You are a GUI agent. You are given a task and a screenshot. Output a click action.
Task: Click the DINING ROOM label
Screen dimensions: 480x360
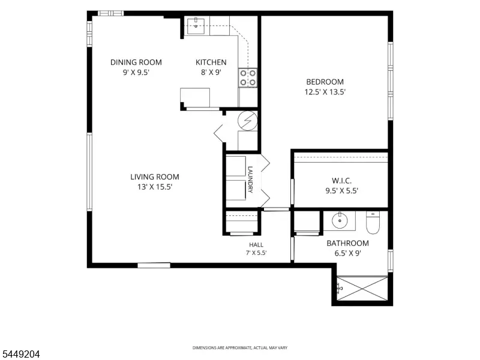(136, 62)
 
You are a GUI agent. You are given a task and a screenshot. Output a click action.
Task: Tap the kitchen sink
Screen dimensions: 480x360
(196, 25)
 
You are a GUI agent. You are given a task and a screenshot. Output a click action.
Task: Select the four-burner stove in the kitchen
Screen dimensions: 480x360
(248, 78)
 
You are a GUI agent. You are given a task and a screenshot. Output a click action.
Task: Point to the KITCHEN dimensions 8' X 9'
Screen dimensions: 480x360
(211, 72)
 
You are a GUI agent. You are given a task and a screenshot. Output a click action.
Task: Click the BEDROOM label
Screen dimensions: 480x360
(325, 82)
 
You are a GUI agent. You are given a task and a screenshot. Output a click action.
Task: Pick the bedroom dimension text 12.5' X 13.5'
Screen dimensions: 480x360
(325, 92)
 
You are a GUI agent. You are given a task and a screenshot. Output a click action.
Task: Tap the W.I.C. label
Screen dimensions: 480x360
(341, 181)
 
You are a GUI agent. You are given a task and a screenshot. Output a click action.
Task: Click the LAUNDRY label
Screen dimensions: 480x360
(250, 179)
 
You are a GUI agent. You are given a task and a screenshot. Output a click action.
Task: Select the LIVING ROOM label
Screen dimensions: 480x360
(155, 176)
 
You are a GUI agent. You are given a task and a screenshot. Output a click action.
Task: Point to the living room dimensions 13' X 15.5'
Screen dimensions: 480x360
(155, 187)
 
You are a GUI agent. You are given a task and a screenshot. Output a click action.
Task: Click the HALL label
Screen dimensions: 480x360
(256, 245)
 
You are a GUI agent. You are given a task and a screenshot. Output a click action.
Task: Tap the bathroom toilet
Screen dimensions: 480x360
(373, 223)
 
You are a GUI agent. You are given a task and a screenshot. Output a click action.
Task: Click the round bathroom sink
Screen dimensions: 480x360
(340, 220)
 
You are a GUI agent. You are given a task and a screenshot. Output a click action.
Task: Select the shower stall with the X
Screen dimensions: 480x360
(362, 289)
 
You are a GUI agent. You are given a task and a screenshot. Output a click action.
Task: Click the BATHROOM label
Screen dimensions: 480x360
(347, 243)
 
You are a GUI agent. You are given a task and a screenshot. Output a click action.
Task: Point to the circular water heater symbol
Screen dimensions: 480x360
(248, 121)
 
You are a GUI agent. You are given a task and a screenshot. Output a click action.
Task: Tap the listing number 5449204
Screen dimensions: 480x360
(20, 355)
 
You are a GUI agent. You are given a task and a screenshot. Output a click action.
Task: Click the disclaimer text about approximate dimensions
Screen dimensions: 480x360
(239, 348)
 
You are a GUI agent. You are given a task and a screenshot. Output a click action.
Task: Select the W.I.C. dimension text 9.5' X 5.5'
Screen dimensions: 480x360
(341, 191)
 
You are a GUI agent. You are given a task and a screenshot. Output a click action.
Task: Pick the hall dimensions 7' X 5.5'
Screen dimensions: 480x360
(256, 253)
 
